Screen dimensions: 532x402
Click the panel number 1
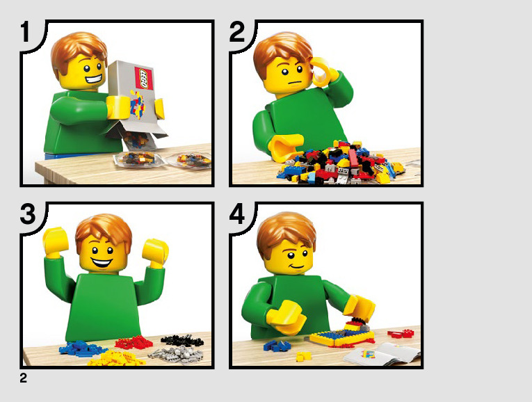click(26, 32)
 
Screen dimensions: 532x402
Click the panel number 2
click(237, 32)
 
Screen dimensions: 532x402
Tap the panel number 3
click(28, 214)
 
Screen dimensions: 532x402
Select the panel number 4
click(237, 214)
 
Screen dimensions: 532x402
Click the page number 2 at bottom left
click(23, 378)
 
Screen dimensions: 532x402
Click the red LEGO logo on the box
click(144, 78)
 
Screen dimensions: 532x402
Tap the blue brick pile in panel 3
click(81, 348)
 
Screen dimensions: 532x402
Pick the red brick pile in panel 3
click(134, 342)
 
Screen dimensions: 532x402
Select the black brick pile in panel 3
click(182, 340)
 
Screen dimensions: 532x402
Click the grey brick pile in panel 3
click(176, 354)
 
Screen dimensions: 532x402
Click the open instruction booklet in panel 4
click(382, 353)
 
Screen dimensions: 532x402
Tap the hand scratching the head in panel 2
click(321, 72)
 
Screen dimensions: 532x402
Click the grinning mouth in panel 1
click(94, 79)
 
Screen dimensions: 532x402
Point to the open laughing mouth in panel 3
click(102, 262)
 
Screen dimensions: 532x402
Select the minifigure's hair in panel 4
click(287, 232)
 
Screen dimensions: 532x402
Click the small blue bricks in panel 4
click(277, 346)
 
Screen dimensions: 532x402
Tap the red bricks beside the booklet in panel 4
click(401, 333)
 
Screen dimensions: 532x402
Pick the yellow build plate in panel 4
click(341, 337)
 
